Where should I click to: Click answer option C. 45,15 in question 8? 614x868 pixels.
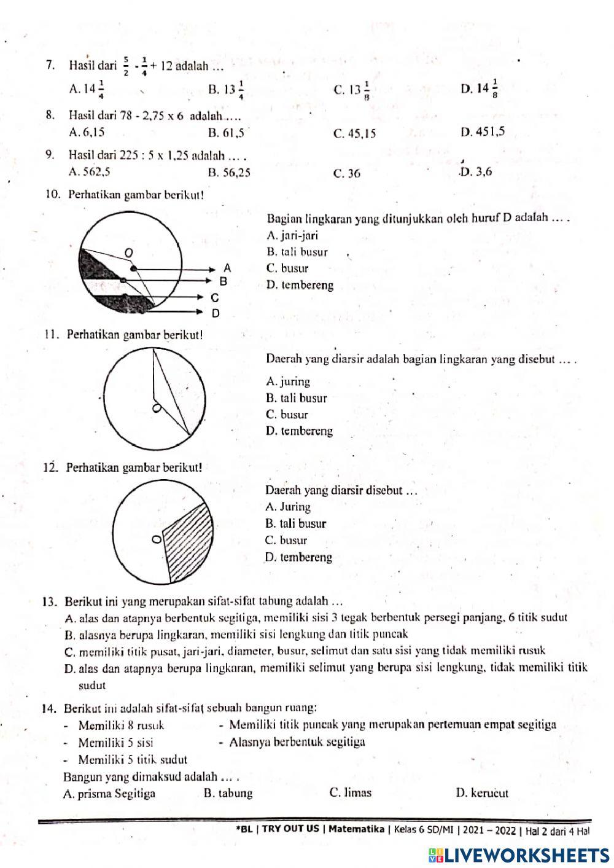pos(354,133)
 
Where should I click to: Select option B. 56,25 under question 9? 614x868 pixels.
pos(229,173)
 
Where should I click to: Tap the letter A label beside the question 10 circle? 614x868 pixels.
pos(227,268)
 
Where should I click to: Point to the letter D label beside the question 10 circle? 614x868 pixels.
pos(216,313)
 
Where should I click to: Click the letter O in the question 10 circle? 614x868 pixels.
pos(128,252)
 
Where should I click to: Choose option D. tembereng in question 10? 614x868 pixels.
pos(300,285)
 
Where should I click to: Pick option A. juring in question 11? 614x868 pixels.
pos(288,381)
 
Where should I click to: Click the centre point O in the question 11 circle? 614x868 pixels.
pos(157,409)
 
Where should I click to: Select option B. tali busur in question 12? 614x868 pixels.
pos(295,524)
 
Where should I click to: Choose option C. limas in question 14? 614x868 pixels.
pos(350,792)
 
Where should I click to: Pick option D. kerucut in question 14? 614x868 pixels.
pos(482,792)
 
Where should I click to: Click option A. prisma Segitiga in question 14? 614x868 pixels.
pos(109,793)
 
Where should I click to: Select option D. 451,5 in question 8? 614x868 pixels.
pos(482,131)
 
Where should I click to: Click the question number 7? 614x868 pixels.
pos(51,65)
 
